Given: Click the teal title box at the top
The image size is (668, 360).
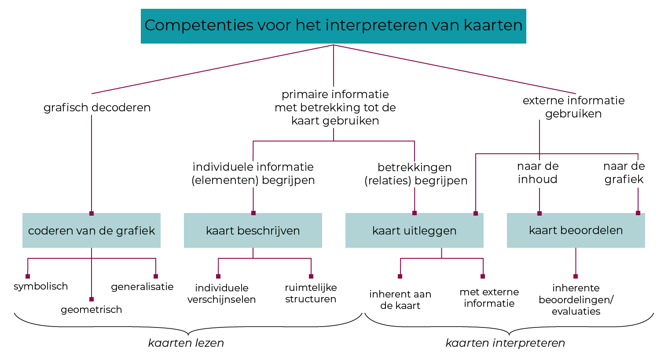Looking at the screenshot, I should click(x=333, y=26).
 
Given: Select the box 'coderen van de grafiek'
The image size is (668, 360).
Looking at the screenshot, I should click(x=92, y=231).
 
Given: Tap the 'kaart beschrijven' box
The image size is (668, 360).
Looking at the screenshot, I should click(x=253, y=231).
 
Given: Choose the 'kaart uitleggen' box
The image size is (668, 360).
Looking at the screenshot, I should click(x=414, y=231).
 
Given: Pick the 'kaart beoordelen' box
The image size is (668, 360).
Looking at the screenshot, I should click(x=576, y=230).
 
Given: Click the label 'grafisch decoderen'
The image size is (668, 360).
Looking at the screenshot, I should click(x=97, y=107).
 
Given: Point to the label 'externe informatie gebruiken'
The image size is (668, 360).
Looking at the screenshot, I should click(x=573, y=107).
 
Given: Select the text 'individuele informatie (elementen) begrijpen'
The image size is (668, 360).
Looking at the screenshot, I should click(x=253, y=173).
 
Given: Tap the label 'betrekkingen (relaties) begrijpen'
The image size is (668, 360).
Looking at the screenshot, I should click(x=416, y=174).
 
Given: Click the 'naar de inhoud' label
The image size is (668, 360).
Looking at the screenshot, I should click(x=538, y=173).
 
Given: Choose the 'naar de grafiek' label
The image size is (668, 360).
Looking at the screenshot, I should click(x=624, y=173).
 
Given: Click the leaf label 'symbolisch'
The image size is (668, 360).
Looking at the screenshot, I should click(x=40, y=287).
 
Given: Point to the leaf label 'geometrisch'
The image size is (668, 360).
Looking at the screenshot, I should click(x=91, y=310).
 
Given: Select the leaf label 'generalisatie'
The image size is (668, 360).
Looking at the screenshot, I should click(x=142, y=287).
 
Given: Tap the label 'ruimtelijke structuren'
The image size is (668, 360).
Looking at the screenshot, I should click(x=311, y=293).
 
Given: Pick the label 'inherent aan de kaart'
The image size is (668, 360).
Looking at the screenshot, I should click(x=400, y=300).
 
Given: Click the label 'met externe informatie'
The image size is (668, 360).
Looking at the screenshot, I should click(x=489, y=298).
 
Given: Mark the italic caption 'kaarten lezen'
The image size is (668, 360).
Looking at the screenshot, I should click(x=186, y=343).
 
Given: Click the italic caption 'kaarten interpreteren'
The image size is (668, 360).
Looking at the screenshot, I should click(x=505, y=343).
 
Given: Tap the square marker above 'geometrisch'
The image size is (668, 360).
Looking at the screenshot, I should click(x=92, y=299).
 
